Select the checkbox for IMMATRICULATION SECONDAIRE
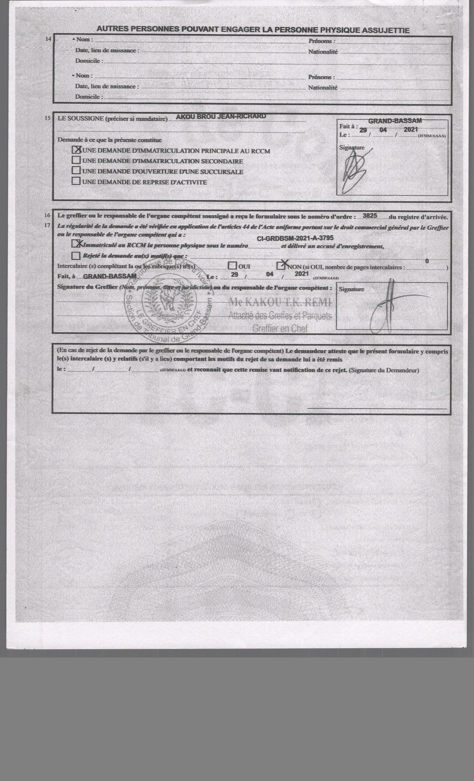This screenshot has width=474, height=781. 76,160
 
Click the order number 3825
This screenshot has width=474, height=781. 370,216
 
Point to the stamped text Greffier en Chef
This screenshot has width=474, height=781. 280,329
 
